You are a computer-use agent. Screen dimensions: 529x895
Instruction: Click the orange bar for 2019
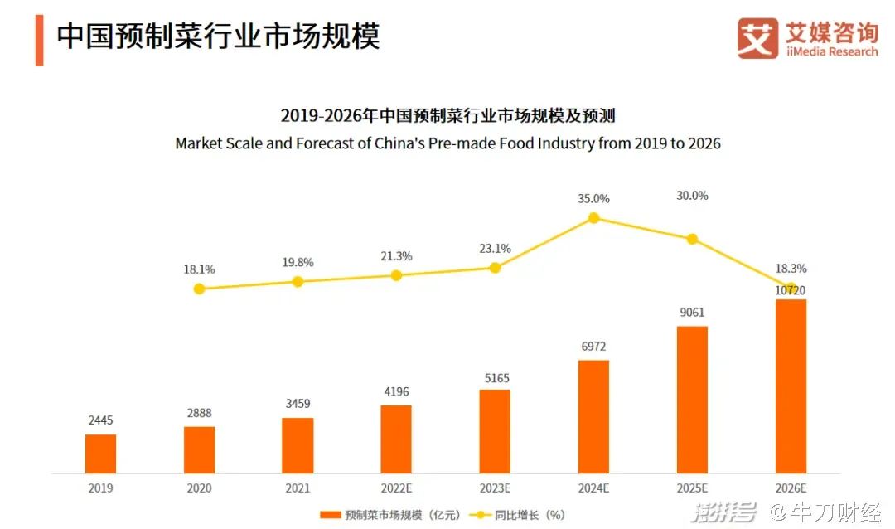100,454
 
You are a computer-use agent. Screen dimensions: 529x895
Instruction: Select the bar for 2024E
593,416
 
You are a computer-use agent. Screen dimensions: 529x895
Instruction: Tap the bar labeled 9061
692,400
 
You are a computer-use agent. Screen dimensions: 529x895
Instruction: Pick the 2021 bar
298,445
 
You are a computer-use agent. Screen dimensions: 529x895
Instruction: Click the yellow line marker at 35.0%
593,218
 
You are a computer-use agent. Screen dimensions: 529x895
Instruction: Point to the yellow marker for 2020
199,289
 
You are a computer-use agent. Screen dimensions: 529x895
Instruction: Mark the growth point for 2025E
692,239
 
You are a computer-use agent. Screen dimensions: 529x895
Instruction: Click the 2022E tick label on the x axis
396,488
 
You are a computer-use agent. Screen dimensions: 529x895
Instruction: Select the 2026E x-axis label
791,488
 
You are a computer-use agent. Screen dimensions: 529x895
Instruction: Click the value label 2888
199,413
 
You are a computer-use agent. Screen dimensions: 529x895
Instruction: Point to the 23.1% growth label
495,248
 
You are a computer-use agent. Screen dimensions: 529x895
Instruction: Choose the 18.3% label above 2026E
791,269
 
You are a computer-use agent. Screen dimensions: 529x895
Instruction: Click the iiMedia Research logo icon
757,39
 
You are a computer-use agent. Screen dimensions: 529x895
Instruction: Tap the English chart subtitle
447,143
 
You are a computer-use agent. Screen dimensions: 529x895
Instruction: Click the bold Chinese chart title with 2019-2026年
447,115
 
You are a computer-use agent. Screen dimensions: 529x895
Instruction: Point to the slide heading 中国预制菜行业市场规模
218,37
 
